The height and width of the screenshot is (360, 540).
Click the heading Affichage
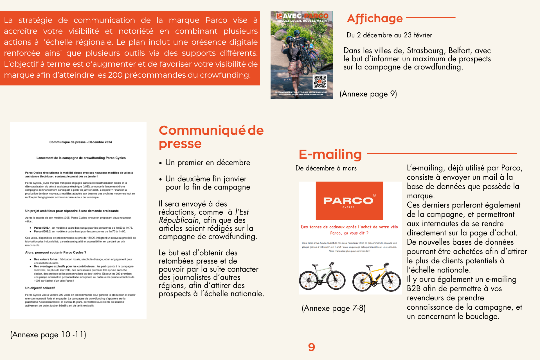point(375,19)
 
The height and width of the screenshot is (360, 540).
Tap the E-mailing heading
point(330,154)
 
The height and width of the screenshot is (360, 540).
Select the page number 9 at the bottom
point(311,347)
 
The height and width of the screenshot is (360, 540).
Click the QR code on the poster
point(320,82)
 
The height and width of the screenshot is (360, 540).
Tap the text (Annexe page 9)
point(368,94)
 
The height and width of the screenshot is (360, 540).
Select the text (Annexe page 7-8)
point(334,308)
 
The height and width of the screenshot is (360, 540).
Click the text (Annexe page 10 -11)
point(48,335)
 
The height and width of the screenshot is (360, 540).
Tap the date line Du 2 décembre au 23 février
point(389,35)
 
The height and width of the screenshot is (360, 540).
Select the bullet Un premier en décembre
point(208,163)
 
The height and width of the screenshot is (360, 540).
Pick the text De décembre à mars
point(326,168)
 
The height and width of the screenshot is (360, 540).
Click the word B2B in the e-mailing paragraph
point(413,289)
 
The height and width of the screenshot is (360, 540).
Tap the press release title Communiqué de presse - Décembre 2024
point(80,142)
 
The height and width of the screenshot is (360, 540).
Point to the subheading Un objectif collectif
point(40,288)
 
